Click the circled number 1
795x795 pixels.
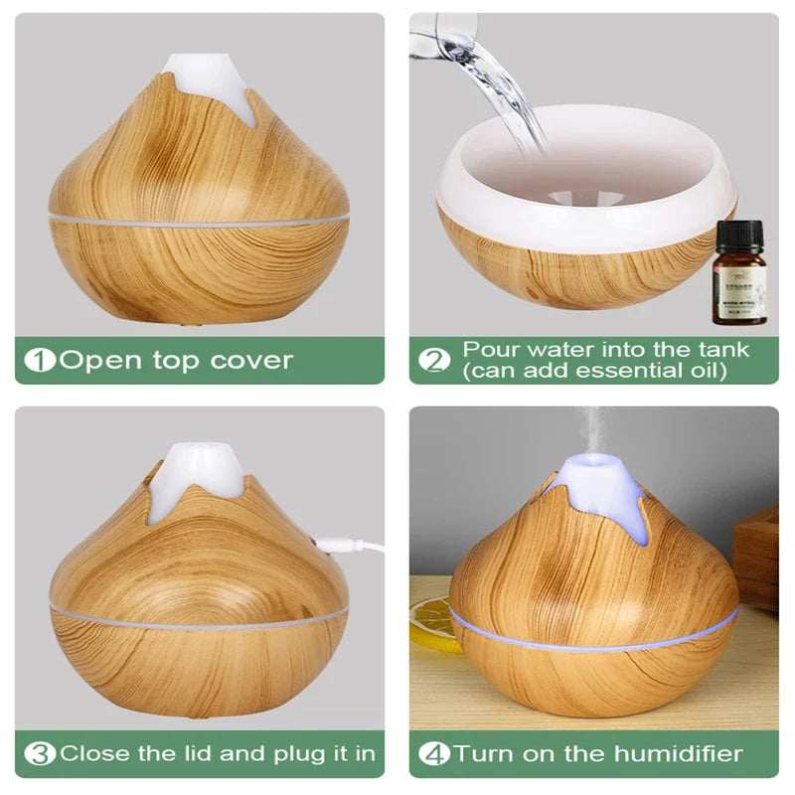pos(42,360)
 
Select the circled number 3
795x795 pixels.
pos(42,752)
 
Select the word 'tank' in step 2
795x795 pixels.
pos(719,350)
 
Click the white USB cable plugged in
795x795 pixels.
pos(353,544)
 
